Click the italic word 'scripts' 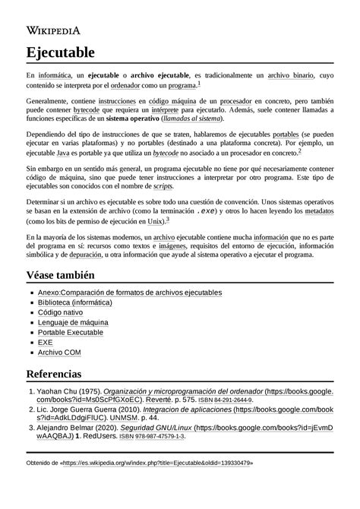(x=163, y=185)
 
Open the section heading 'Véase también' (x=63, y=274)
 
